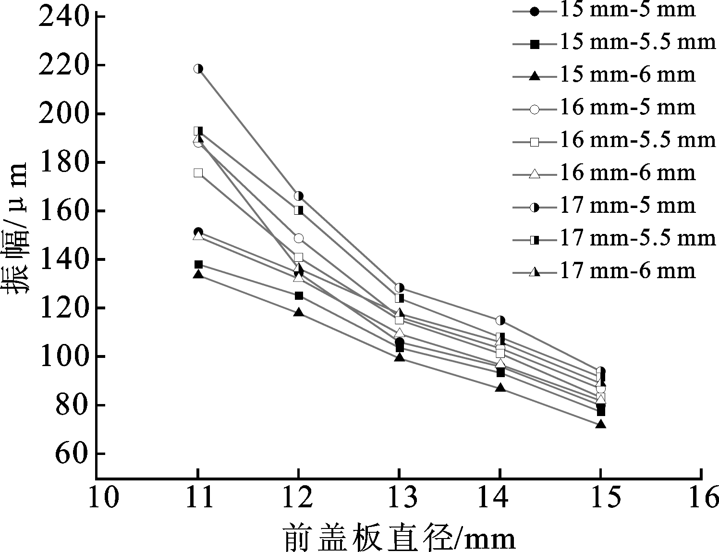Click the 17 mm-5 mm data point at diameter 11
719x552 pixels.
[198, 69]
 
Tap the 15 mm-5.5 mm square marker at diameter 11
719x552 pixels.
[198, 264]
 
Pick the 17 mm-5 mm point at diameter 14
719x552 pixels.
[500, 320]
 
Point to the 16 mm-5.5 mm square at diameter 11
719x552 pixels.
[198, 173]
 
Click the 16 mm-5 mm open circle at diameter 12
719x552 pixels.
[298, 238]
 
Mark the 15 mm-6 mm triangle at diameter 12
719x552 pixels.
[299, 312]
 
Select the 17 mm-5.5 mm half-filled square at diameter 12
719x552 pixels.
[299, 210]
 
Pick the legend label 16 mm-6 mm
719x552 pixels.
[628, 173]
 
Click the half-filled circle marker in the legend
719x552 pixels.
[535, 208]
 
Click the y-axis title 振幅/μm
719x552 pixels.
[16, 228]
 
